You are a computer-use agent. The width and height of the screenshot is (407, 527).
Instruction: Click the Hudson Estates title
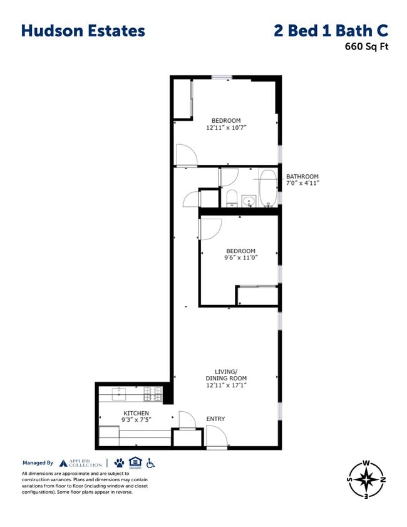pyautogui.click(x=83, y=31)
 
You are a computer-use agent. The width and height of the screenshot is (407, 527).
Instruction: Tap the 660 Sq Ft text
pyautogui.click(x=366, y=46)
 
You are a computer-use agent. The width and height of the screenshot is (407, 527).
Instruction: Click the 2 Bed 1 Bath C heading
pyautogui.click(x=331, y=31)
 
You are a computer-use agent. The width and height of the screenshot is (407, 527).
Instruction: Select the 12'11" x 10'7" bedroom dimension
pyautogui.click(x=226, y=128)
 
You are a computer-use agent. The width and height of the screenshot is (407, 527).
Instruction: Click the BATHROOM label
pyautogui.click(x=302, y=177)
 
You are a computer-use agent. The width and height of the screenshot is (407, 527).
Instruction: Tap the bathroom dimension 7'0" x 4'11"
pyautogui.click(x=302, y=184)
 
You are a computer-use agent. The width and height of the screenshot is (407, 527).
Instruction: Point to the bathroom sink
pyautogui.click(x=249, y=201)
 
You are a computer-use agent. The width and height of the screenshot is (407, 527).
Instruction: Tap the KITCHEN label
pyautogui.click(x=136, y=413)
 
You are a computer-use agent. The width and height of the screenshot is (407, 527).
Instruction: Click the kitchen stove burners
pyautogui.click(x=153, y=394)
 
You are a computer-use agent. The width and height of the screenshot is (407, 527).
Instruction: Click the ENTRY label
pyautogui.click(x=215, y=419)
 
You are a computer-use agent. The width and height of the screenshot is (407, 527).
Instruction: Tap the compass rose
pyautogui.click(x=366, y=480)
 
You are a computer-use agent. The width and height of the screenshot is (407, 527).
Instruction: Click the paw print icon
pyautogui.click(x=119, y=463)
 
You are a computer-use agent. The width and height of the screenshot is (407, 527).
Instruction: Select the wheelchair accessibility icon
pyautogui.click(x=150, y=463)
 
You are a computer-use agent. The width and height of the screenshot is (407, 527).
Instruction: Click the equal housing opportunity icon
pyautogui.click(x=135, y=463)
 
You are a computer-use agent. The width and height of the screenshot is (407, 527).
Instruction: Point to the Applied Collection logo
pyautogui.click(x=81, y=463)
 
